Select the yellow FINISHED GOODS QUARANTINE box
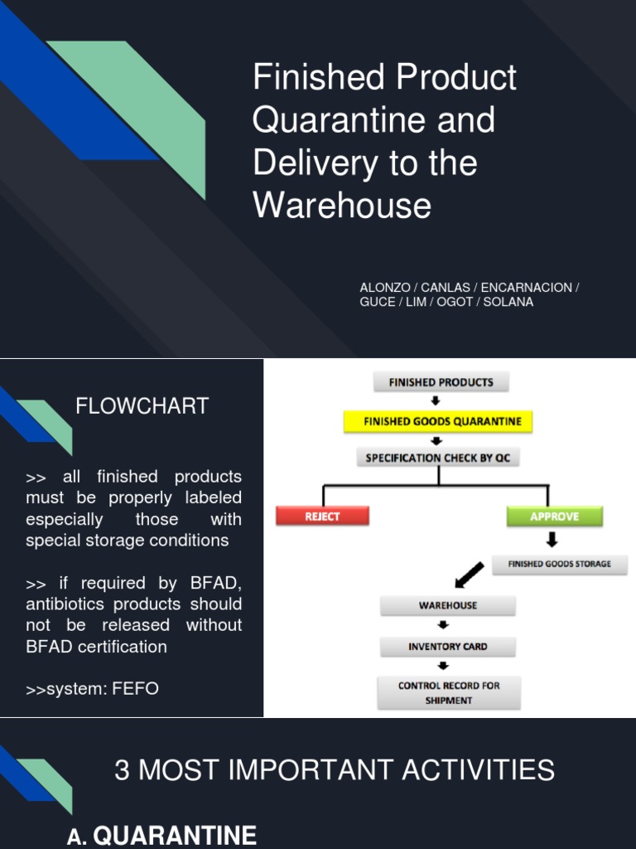(x=438, y=421)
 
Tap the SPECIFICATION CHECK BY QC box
(x=438, y=457)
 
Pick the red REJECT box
(x=322, y=516)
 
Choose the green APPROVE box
(x=554, y=516)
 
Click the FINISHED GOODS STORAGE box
(x=560, y=564)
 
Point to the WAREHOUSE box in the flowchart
(x=447, y=605)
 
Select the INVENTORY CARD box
(x=447, y=646)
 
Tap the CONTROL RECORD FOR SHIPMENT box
(x=448, y=692)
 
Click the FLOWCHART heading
(x=142, y=406)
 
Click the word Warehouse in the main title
(x=342, y=206)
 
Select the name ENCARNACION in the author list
(x=526, y=288)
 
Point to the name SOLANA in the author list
(x=508, y=302)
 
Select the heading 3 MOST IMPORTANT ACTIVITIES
(x=335, y=770)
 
